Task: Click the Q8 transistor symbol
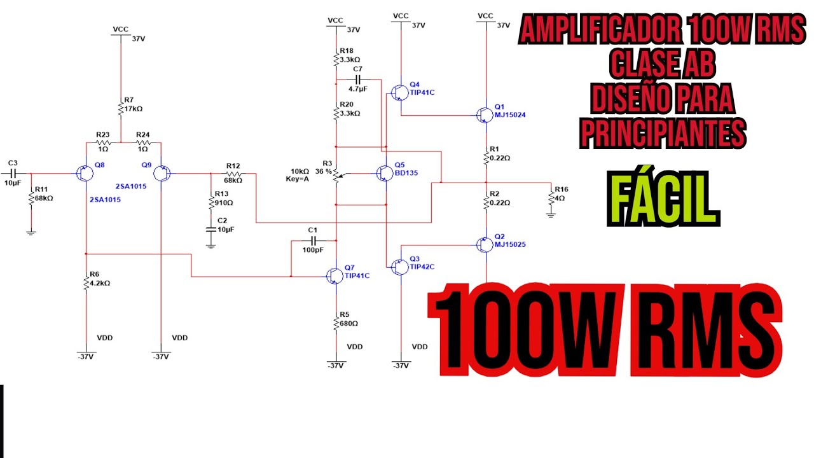(x=85, y=173)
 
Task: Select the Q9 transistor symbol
(x=162, y=173)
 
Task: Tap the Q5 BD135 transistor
(x=383, y=173)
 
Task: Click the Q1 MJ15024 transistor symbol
(x=485, y=114)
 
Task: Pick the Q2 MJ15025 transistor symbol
(x=485, y=244)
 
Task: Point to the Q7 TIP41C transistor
(x=334, y=275)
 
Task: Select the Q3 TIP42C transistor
(x=399, y=267)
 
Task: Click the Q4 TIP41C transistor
(x=399, y=93)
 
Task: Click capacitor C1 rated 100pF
(x=312, y=240)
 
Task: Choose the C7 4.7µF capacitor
(x=358, y=80)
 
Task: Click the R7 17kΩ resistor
(x=120, y=109)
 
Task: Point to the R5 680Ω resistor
(x=336, y=323)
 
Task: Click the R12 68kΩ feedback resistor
(x=233, y=173)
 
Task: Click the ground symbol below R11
(x=31, y=232)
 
